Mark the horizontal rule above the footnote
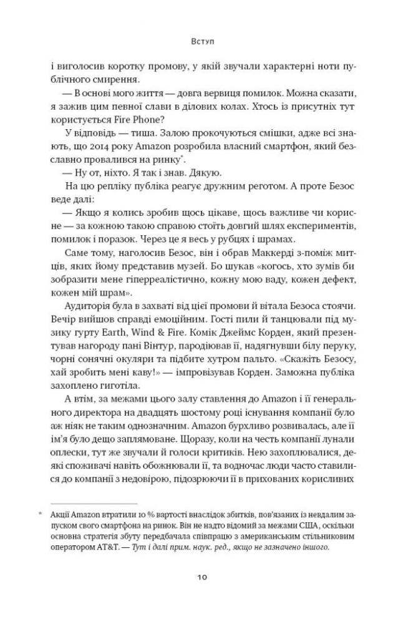94,504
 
